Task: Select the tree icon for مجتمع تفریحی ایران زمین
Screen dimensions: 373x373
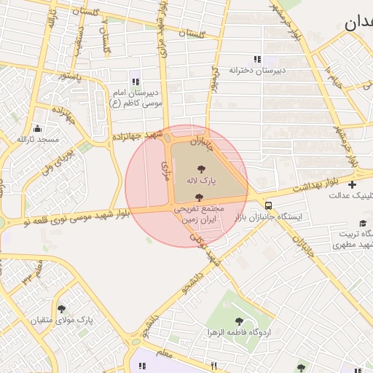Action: [x=199, y=197]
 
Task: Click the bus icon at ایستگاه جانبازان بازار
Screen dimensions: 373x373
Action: [x=269, y=205]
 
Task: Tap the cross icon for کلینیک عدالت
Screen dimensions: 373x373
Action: [x=353, y=184]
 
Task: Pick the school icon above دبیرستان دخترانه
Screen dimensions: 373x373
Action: [x=256, y=59]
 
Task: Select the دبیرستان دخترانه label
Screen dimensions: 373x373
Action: [x=256, y=71]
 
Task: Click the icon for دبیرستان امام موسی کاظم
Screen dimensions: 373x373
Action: [x=135, y=82]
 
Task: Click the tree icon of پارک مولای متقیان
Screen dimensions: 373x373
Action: [x=61, y=308]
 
